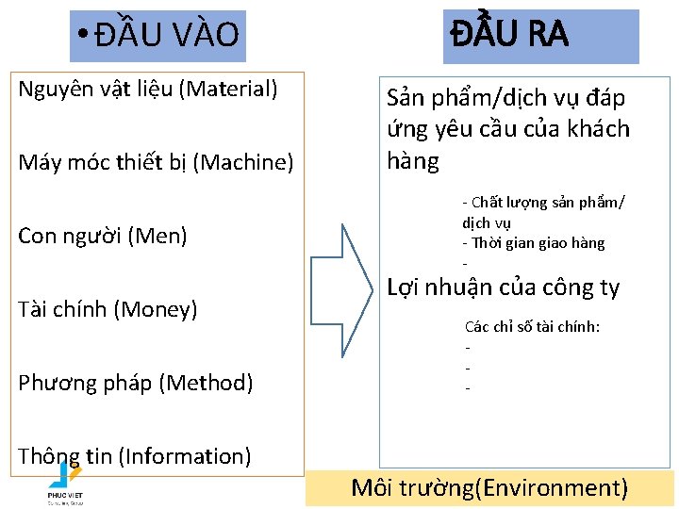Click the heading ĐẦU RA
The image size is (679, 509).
tap(509, 34)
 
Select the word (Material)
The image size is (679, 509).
tap(233, 90)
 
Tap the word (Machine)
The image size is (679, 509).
tap(243, 162)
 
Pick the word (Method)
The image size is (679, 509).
tap(206, 383)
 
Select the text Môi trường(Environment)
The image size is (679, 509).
tap(489, 487)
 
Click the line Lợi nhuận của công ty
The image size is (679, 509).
tap(504, 287)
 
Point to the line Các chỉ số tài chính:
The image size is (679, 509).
tap(533, 327)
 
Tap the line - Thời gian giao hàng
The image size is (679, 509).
tap(533, 243)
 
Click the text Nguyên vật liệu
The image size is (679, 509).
tap(97, 90)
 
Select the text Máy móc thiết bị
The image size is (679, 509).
tap(103, 162)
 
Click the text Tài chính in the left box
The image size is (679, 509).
tap(59, 308)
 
